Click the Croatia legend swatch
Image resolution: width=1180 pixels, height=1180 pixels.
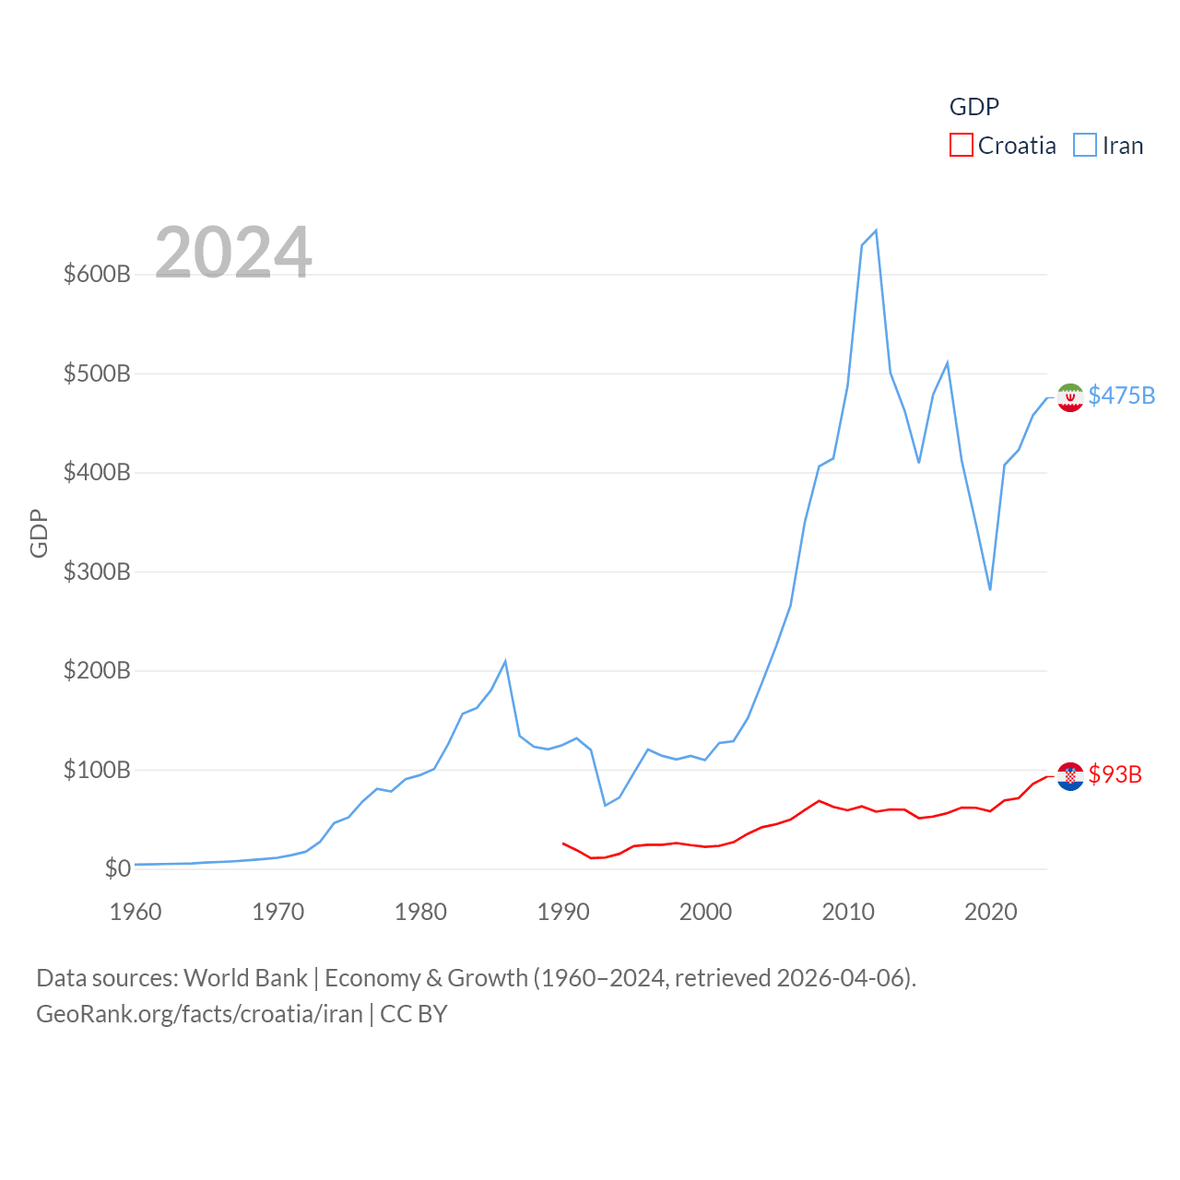point(962,146)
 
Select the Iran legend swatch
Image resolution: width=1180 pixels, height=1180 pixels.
point(1085,146)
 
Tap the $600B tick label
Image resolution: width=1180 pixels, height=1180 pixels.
point(97,274)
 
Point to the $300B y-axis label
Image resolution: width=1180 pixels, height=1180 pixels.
point(97,572)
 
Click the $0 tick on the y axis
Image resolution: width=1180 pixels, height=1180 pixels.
point(117,868)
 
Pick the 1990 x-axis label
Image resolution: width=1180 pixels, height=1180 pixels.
point(562,912)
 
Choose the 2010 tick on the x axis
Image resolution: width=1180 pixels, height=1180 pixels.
point(847,912)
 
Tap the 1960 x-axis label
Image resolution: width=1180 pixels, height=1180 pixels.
point(136,912)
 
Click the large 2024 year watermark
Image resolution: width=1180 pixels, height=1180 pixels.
point(233,253)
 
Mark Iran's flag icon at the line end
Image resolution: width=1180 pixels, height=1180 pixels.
point(1070,397)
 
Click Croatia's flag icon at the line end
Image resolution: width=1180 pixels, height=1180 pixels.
point(1070,776)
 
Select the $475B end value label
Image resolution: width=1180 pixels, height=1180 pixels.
point(1121,395)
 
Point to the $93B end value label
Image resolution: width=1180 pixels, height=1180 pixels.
point(1115,774)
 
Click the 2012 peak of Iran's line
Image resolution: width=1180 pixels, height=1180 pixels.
point(876,230)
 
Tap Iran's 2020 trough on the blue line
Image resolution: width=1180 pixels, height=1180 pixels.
point(990,589)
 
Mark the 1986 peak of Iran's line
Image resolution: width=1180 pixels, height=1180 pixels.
point(505,661)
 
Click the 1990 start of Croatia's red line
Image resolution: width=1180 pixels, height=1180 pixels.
point(563,844)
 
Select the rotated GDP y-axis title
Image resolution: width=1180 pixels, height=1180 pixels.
point(39,533)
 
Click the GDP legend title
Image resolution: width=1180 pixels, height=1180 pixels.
point(974,107)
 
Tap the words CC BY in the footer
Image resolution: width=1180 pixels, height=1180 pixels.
point(414,1014)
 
